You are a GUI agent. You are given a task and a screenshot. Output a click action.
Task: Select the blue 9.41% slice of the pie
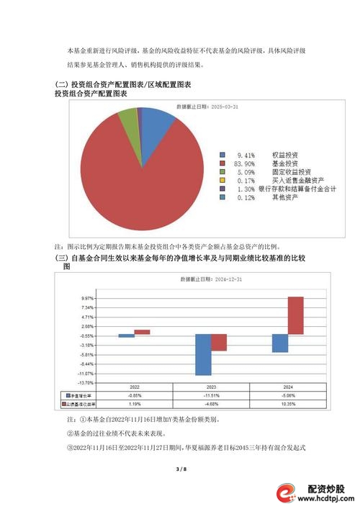[x=158, y=125]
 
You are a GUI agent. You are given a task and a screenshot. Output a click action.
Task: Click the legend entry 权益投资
[x=282, y=155]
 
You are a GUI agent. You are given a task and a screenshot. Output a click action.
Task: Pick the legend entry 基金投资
[x=282, y=163]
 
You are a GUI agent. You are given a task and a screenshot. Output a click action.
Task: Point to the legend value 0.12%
[x=244, y=197]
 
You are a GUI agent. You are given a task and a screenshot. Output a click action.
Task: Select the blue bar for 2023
[x=203, y=354]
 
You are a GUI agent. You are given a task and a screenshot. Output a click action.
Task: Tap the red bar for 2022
[x=142, y=331]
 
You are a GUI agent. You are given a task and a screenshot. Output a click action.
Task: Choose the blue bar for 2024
[x=280, y=343]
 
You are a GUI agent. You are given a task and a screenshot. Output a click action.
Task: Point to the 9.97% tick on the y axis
[x=88, y=298]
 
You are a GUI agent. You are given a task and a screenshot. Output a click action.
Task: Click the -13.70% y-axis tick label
[x=86, y=382]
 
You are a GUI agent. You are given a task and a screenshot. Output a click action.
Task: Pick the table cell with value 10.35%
[x=287, y=404]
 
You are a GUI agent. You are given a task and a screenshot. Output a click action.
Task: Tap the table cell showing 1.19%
[x=134, y=404]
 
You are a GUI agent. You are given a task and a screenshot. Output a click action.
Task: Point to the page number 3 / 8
[x=180, y=469]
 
